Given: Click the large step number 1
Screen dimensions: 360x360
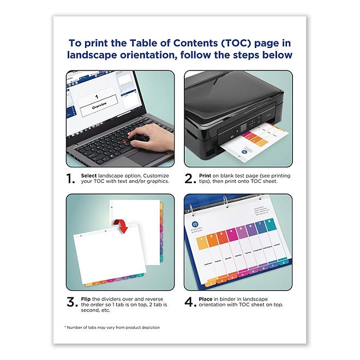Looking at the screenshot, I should pyautogui.click(x=71, y=178).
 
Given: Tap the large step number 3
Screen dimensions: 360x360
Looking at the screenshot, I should pyautogui.click(x=71, y=302).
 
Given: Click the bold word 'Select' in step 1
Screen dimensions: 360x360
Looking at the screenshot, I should pyautogui.click(x=88, y=175).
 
